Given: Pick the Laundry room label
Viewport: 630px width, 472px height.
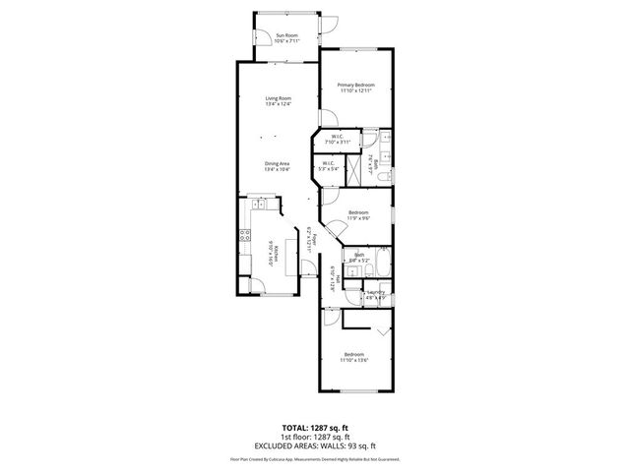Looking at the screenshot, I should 374,292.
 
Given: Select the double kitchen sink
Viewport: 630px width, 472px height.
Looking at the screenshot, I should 260,204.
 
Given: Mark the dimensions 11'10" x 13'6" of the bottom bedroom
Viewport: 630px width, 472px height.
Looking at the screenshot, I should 354,360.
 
